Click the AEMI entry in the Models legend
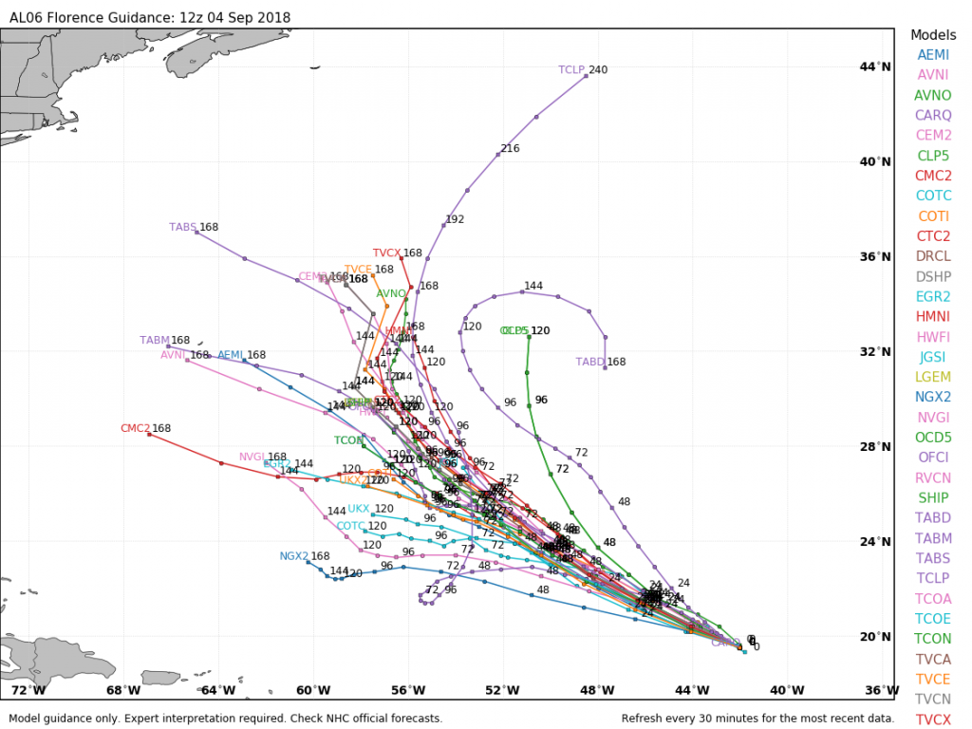[933, 55]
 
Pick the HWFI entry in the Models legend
[933, 336]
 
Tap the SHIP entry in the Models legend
[933, 497]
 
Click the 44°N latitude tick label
[875, 66]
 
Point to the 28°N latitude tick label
[875, 446]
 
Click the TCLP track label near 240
[571, 70]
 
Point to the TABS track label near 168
[183, 228]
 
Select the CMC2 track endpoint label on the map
[135, 429]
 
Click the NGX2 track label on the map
[294, 556]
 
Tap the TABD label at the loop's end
[590, 363]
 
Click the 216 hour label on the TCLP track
[510, 149]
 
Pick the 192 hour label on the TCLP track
[455, 219]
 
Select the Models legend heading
[933, 34]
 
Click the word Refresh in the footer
[645, 719]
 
